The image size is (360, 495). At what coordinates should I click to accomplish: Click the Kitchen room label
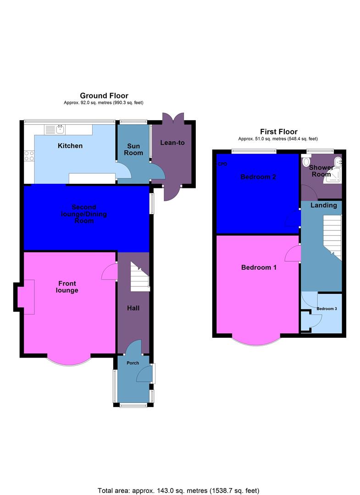(70, 146)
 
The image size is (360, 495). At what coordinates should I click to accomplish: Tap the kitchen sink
(60, 129)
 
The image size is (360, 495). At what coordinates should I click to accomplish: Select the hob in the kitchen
(29, 156)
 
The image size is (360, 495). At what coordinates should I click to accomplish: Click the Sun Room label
(133, 149)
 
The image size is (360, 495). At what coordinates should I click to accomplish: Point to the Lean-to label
(172, 143)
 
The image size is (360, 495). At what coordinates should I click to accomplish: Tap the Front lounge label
(67, 286)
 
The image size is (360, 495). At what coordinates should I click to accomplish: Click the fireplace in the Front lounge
(27, 299)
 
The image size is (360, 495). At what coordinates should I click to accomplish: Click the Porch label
(133, 363)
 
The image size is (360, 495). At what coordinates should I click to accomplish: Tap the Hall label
(133, 308)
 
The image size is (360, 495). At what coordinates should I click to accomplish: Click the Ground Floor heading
(104, 95)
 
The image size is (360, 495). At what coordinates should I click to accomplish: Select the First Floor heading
(279, 132)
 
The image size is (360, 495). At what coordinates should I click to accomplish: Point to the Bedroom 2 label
(258, 176)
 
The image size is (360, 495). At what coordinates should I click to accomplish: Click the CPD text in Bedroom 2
(222, 164)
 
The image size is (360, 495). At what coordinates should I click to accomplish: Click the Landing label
(324, 205)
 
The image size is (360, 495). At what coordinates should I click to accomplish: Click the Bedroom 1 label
(259, 267)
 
